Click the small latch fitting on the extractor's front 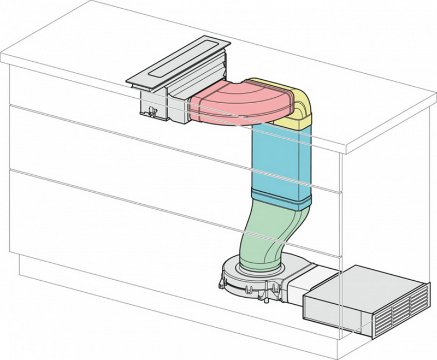point(151,112)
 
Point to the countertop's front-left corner point(8,60)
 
